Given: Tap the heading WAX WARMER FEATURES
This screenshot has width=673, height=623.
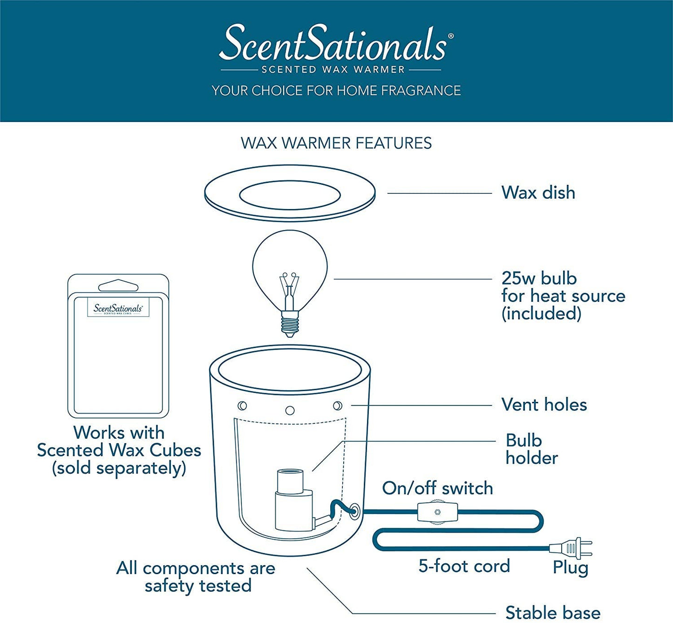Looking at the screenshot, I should pyautogui.click(x=336, y=143).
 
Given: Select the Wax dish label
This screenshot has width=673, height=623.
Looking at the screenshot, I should pyautogui.click(x=538, y=193).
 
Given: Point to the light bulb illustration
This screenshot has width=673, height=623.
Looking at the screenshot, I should pyautogui.click(x=290, y=270).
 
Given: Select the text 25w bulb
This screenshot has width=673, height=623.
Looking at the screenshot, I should pyautogui.click(x=539, y=278).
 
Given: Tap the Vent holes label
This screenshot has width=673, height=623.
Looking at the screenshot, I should pyautogui.click(x=544, y=405).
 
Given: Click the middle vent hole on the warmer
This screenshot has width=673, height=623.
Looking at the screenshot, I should pyautogui.click(x=290, y=410).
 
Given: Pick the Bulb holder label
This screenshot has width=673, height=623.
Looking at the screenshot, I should pyautogui.click(x=531, y=449).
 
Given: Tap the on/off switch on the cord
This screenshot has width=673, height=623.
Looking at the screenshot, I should pyautogui.click(x=437, y=512).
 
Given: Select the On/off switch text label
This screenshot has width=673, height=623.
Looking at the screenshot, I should pyautogui.click(x=437, y=488).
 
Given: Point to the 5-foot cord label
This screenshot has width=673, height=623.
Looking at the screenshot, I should pyautogui.click(x=464, y=566).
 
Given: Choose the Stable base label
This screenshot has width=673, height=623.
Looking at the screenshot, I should pyautogui.click(x=552, y=612).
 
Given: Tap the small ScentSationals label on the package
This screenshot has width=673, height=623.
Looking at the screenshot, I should pyautogui.click(x=118, y=309).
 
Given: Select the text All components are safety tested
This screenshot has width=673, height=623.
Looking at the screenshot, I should pyautogui.click(x=196, y=576).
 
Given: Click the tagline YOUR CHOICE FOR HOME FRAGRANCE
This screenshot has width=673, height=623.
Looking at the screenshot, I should pyautogui.click(x=336, y=90).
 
